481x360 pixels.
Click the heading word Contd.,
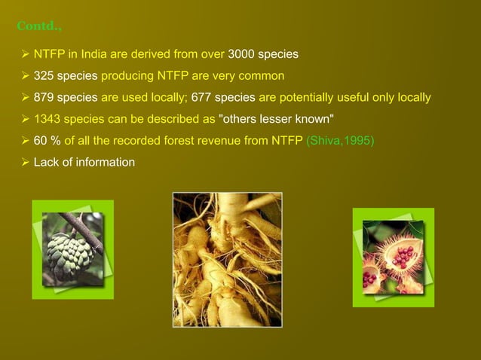(x=39, y=28)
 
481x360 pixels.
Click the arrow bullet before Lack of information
(x=24, y=162)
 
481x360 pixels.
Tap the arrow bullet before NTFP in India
(x=24, y=55)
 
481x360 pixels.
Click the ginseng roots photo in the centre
(x=227, y=259)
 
